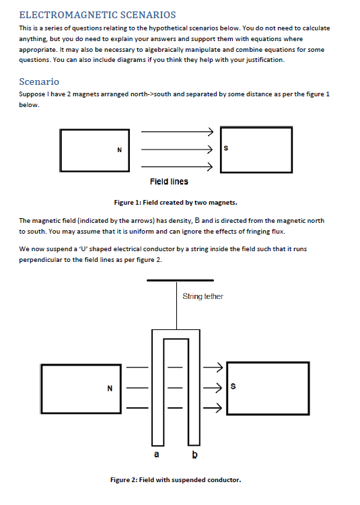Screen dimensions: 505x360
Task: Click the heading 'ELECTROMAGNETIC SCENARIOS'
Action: [98, 14]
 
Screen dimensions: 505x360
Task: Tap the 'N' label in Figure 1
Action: [119, 149]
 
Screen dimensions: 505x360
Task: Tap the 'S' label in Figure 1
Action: [226, 149]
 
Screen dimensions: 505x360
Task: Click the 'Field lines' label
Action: [169, 181]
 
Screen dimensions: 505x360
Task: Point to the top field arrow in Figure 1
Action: [177, 132]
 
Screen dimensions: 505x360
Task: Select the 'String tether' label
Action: [203, 296]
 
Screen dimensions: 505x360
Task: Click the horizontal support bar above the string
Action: [180, 280]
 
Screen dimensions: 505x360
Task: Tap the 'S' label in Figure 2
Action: [233, 386]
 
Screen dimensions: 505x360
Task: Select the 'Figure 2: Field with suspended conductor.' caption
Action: [175, 479]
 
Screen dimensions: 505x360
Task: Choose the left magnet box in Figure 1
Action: [94, 149]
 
